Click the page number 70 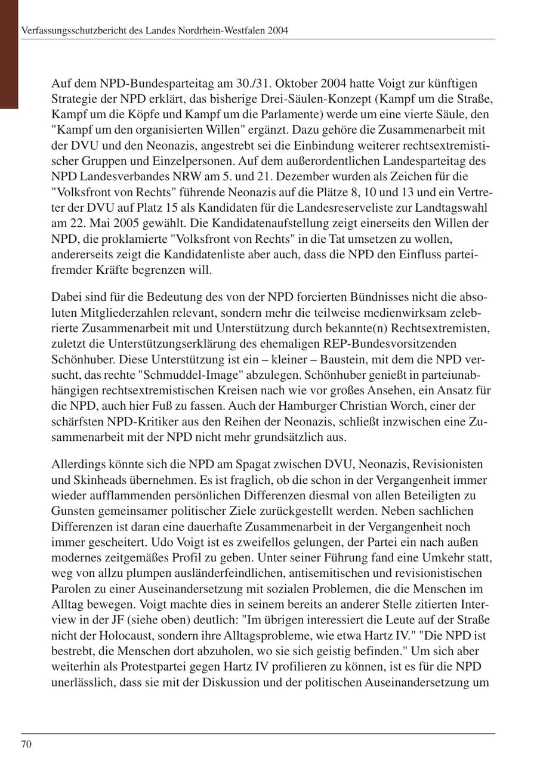[x=26, y=744]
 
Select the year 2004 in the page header [x=278, y=30]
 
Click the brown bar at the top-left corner [x=9, y=54]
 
